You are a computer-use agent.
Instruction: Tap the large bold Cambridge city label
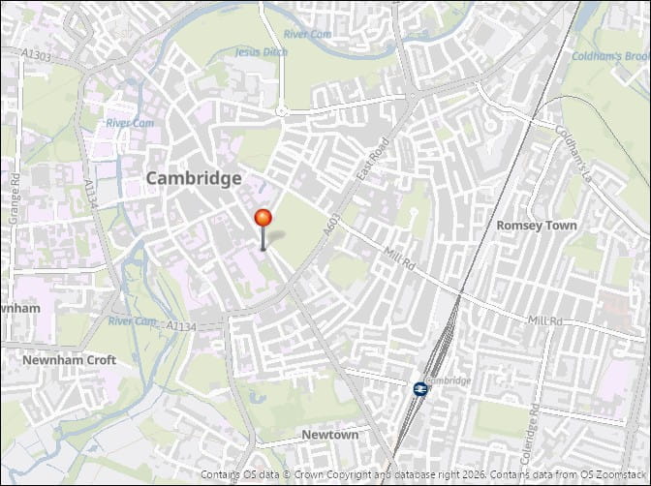pos(194,178)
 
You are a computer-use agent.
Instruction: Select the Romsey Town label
pos(536,225)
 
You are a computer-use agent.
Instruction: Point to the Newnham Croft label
pos(69,360)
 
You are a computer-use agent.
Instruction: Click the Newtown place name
pos(329,435)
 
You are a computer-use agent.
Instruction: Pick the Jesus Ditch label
pos(262,52)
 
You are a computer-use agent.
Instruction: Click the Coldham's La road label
pos(577,143)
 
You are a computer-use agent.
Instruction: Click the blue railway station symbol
pos(420,387)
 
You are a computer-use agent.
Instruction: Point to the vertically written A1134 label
pos(91,194)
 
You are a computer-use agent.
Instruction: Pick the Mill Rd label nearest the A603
pos(399,257)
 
